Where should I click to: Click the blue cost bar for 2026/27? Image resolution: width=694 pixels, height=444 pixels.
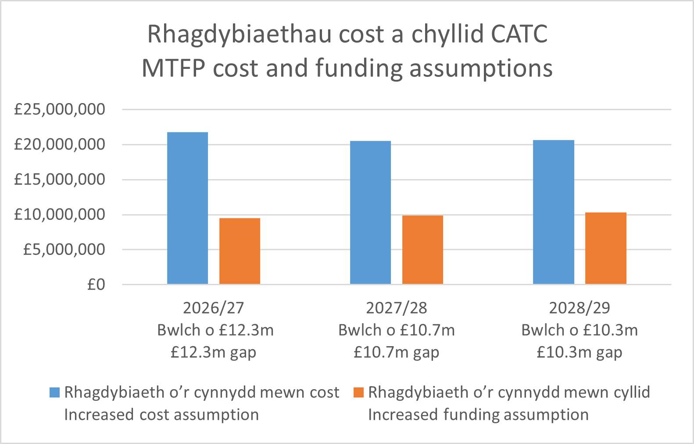(187, 208)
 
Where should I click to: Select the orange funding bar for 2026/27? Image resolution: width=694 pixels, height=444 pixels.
(240, 251)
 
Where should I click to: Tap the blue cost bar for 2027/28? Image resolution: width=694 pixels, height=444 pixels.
(370, 212)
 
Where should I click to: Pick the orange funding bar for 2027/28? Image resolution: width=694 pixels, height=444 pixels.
(422, 250)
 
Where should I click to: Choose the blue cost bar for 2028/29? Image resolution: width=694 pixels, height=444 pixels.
(553, 212)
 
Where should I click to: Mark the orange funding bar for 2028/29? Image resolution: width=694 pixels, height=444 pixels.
(605, 248)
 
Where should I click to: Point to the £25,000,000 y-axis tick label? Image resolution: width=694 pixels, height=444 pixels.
(60, 109)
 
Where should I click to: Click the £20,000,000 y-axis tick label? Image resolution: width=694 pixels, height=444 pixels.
(60, 144)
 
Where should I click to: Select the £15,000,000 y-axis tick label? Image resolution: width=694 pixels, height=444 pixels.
(60, 179)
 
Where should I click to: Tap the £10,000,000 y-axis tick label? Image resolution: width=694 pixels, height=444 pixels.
(60, 215)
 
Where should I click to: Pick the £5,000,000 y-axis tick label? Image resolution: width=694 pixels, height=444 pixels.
(64, 250)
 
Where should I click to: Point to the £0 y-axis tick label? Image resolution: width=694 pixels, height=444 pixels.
(96, 285)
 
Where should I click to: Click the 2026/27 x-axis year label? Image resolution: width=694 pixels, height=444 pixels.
(213, 308)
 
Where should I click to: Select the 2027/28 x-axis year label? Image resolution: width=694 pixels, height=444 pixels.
(396, 308)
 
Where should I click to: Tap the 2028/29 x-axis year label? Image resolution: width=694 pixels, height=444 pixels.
(580, 308)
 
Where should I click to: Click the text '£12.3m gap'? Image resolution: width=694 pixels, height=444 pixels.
(213, 352)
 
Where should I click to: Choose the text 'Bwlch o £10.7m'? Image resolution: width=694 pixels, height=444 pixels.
(396, 330)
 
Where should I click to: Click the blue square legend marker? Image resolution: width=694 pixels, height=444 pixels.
(54, 392)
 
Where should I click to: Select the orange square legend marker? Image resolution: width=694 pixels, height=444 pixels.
(358, 392)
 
